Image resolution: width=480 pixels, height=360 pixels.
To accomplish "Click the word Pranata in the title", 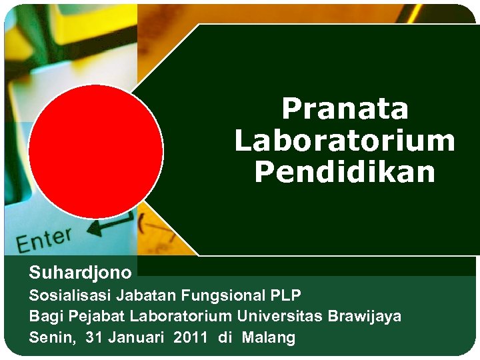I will click(345, 109).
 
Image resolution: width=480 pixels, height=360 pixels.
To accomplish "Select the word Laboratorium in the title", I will click(345, 141).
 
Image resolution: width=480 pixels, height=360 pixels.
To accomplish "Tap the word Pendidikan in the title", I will click(345, 173).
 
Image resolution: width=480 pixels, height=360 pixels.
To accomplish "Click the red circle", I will click(96, 151).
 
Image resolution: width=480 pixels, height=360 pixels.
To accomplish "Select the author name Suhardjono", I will click(80, 272).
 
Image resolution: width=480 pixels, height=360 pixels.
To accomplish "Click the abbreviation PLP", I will click(286, 295).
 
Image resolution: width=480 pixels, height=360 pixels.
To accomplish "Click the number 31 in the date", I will click(95, 337).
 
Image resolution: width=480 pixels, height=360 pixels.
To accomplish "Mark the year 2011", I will click(190, 337).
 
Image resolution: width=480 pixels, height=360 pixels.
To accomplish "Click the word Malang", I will click(268, 337).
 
